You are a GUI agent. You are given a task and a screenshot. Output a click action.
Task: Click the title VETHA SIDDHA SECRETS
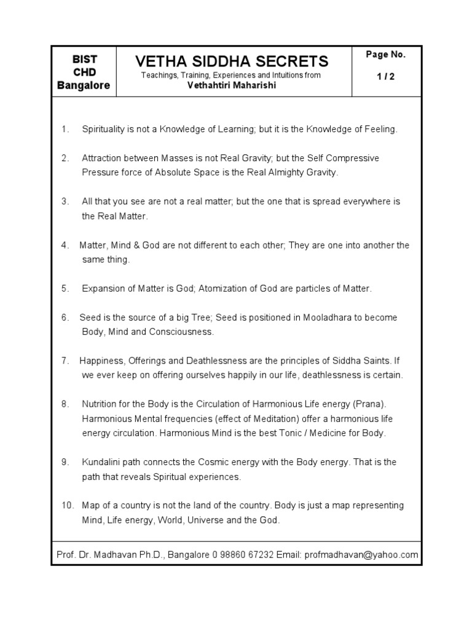[232, 62]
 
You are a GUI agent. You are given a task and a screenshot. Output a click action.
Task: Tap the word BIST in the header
[84, 60]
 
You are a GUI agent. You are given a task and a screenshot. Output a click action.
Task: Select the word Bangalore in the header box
[84, 86]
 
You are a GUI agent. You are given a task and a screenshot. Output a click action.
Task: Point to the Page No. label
[385, 55]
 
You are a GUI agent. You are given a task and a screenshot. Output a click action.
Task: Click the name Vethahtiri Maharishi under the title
[232, 86]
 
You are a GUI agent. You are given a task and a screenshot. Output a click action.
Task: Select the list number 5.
[65, 289]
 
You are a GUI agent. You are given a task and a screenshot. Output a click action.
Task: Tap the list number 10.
[68, 506]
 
